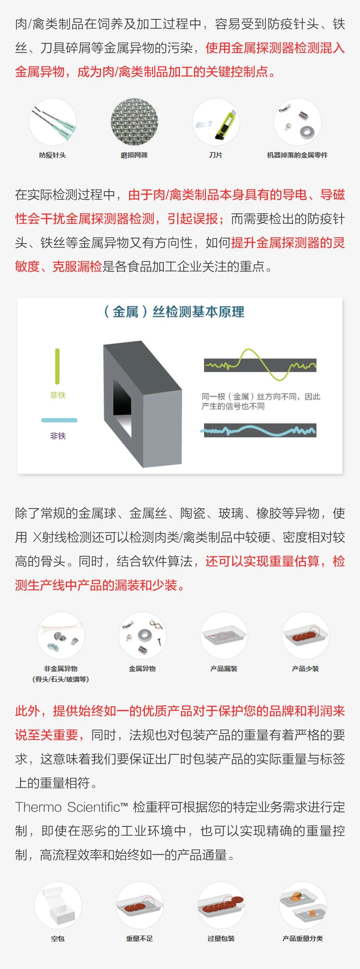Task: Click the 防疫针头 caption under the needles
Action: (52, 155)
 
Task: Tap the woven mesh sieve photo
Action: (134, 122)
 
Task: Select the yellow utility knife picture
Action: (216, 122)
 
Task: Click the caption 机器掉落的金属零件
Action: (297, 155)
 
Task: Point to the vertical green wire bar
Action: (57, 366)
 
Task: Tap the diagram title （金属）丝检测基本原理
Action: (174, 312)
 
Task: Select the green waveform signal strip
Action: (260, 365)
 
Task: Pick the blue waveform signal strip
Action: (260, 430)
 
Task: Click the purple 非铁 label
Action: (58, 436)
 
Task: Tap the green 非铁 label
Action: (58, 395)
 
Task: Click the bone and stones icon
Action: (61, 635)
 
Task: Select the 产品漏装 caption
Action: (224, 668)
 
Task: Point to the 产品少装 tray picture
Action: (305, 635)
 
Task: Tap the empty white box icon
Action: (58, 905)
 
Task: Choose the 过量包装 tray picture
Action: (221, 905)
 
